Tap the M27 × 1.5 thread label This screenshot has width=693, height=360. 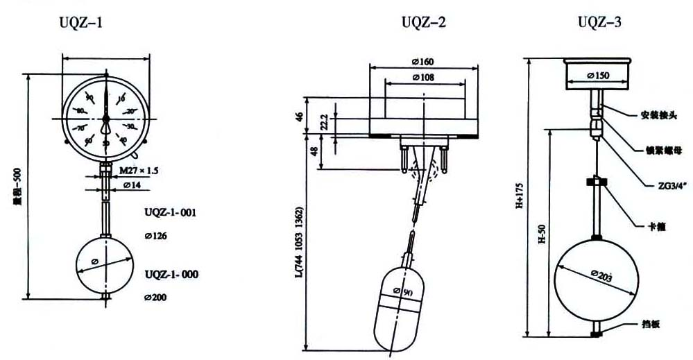(x=139, y=171)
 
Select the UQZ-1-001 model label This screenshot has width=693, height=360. (x=171, y=213)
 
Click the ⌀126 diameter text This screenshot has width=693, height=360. (x=156, y=236)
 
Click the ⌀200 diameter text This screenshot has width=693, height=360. (x=156, y=298)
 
